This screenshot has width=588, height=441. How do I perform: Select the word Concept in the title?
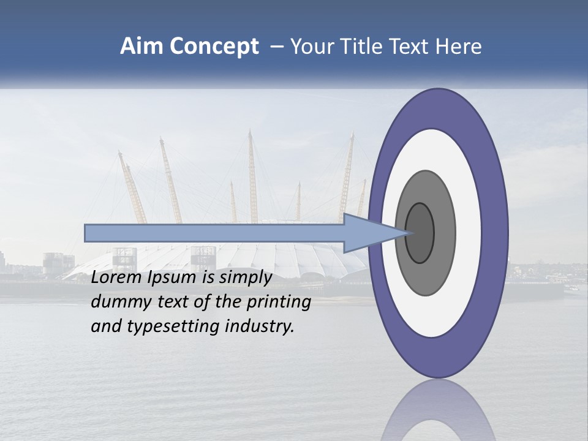tap(214, 47)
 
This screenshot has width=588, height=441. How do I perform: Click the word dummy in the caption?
tap(118, 302)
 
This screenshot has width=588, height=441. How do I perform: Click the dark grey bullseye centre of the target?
tap(420, 233)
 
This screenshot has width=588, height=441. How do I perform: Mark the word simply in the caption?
tap(244, 277)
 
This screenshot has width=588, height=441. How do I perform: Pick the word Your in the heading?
tap(311, 47)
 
